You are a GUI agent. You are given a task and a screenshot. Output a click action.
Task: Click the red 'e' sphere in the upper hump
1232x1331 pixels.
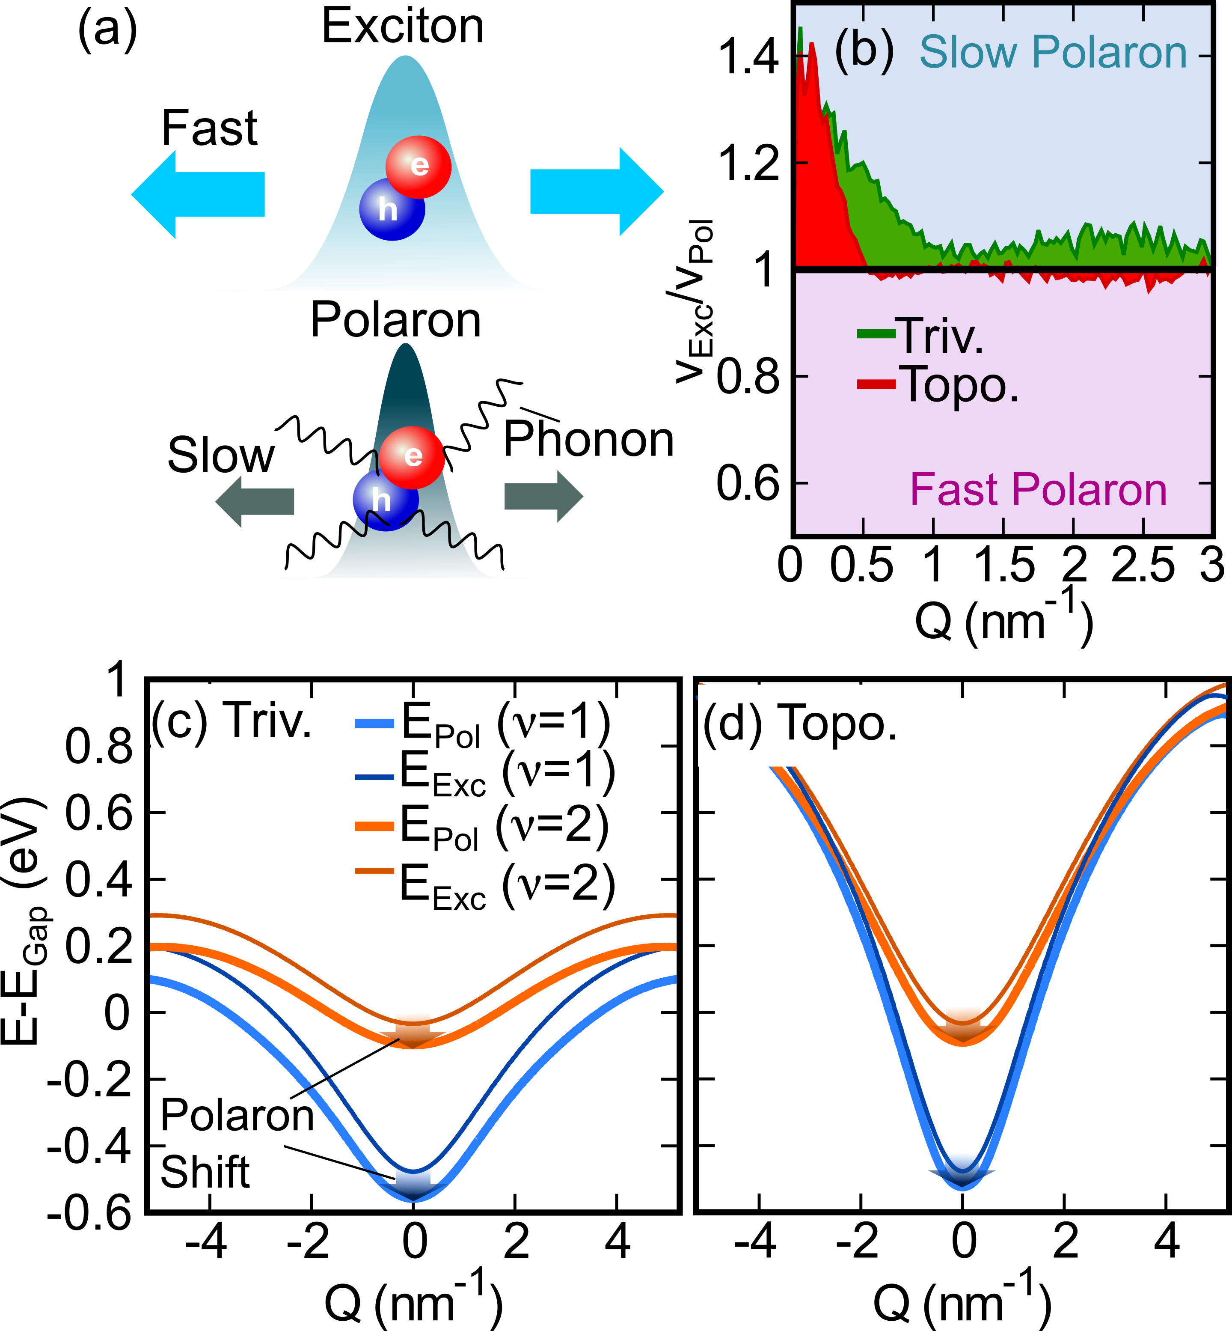click(419, 167)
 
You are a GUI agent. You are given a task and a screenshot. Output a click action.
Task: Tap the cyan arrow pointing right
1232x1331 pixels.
click(597, 191)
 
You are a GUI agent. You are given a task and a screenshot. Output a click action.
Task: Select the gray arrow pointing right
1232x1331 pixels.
click(544, 496)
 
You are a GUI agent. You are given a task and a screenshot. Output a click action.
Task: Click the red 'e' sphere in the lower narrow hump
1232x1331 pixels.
click(412, 457)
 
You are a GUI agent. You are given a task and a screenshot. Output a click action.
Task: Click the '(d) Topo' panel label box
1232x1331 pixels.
click(781, 724)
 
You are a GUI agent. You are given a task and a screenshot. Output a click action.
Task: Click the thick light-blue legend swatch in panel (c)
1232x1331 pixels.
click(374, 724)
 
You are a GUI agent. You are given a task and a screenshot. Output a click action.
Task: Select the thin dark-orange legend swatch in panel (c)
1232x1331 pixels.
click(374, 870)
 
